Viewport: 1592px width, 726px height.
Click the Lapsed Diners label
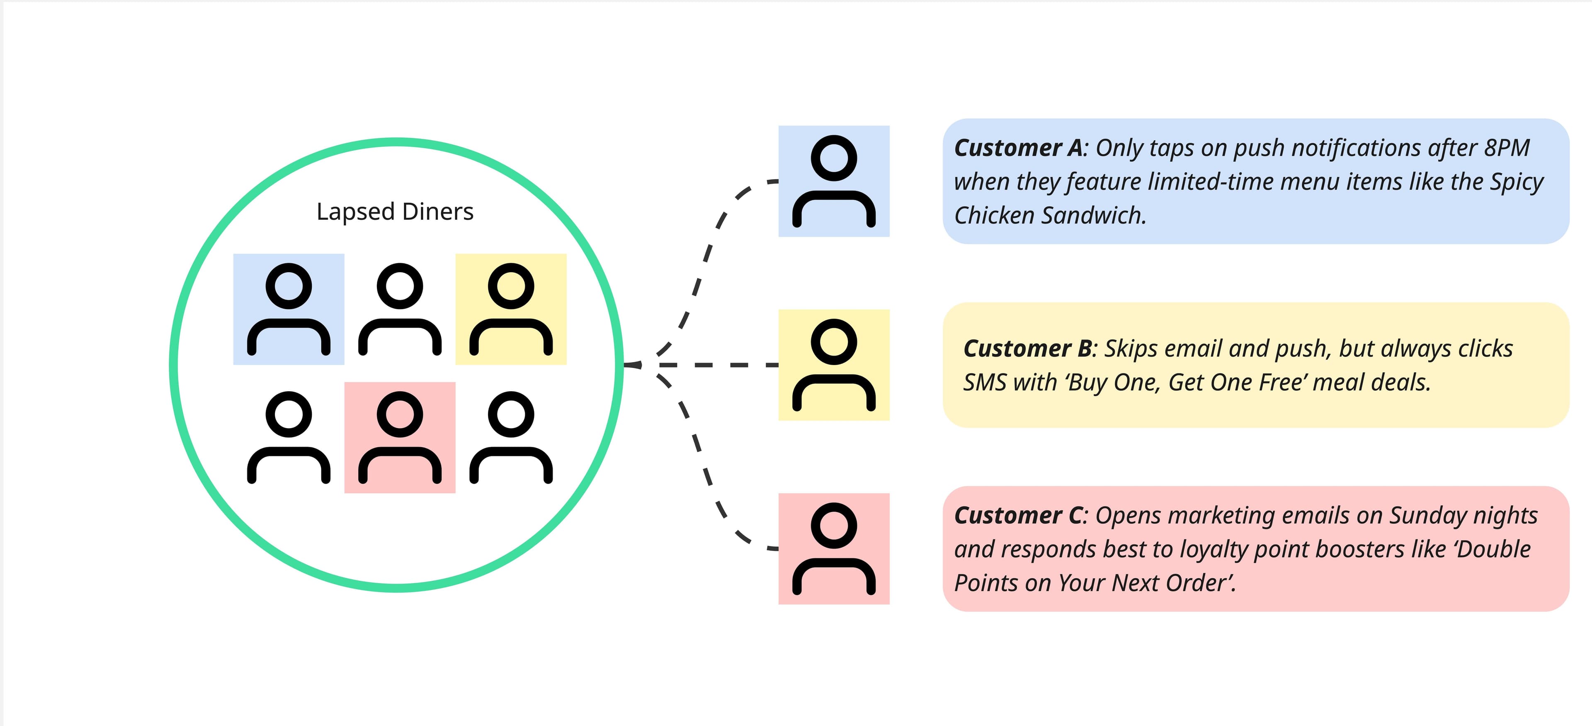point(395,212)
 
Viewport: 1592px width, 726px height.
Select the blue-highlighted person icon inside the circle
point(289,309)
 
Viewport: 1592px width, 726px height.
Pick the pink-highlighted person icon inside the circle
point(400,437)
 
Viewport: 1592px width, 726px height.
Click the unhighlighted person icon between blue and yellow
point(400,309)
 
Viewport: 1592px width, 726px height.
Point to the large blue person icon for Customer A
point(834,181)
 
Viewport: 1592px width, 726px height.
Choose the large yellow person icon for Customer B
point(834,365)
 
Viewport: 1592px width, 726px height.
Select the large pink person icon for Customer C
point(834,548)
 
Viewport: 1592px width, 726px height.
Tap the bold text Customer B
point(1028,349)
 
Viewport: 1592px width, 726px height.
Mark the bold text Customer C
point(1019,516)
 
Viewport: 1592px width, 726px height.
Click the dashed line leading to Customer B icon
point(717,365)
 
